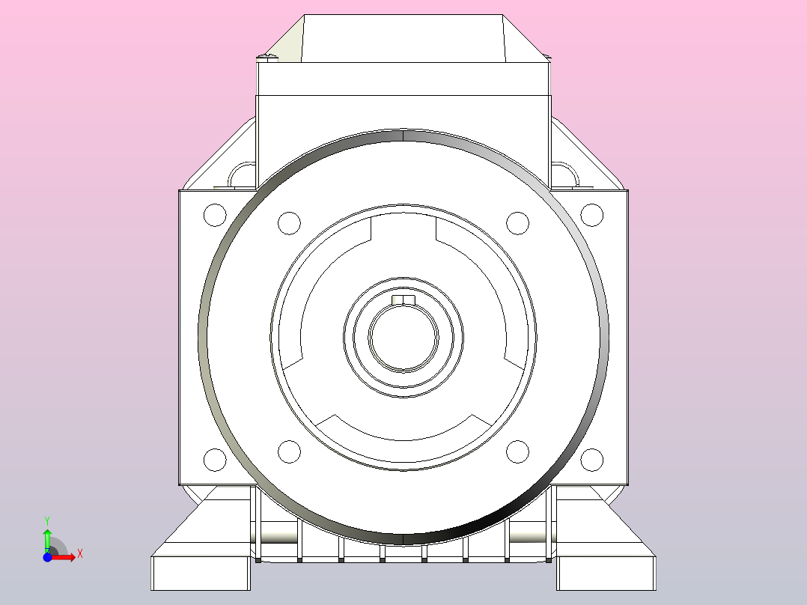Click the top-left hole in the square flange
[x=215, y=215]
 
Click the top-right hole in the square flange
[x=592, y=215]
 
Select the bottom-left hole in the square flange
[x=215, y=459]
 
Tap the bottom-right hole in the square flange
[x=592, y=459]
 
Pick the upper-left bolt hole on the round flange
[x=289, y=223]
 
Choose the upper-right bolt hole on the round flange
[x=518, y=223]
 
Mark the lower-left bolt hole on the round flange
[x=289, y=452]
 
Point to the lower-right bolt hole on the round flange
[x=518, y=452]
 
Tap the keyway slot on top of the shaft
[x=404, y=301]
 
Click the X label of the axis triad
[x=80, y=554]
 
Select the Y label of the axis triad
[x=47, y=520]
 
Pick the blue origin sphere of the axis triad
[x=47, y=558]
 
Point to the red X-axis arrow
[x=64, y=557]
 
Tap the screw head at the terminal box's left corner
[x=266, y=55]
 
